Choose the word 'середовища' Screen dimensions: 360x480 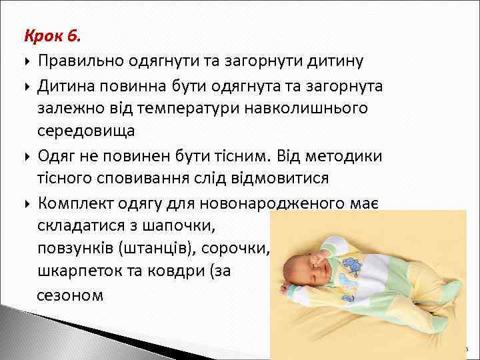(87, 132)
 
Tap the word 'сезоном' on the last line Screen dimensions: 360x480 (70, 295)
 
